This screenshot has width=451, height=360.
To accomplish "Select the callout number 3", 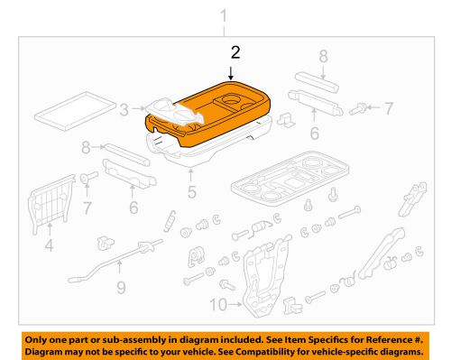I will [x=124, y=110].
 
